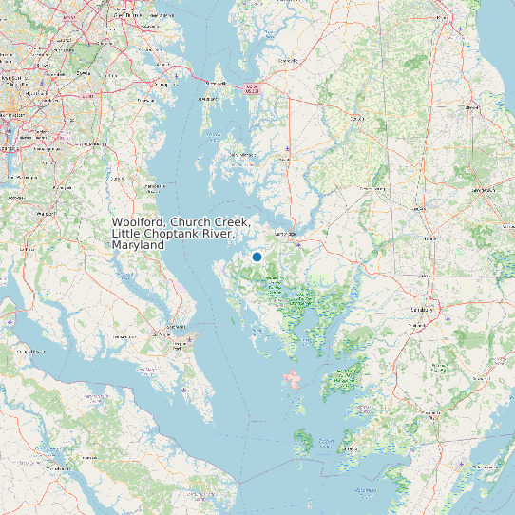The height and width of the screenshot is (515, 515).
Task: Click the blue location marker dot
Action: coord(257,257)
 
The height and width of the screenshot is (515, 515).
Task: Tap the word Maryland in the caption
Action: coord(138,245)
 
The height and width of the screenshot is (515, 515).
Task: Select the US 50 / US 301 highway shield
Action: coord(252,87)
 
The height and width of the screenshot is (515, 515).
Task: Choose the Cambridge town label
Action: coord(284,233)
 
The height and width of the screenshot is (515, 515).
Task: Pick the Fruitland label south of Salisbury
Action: coord(414,326)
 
